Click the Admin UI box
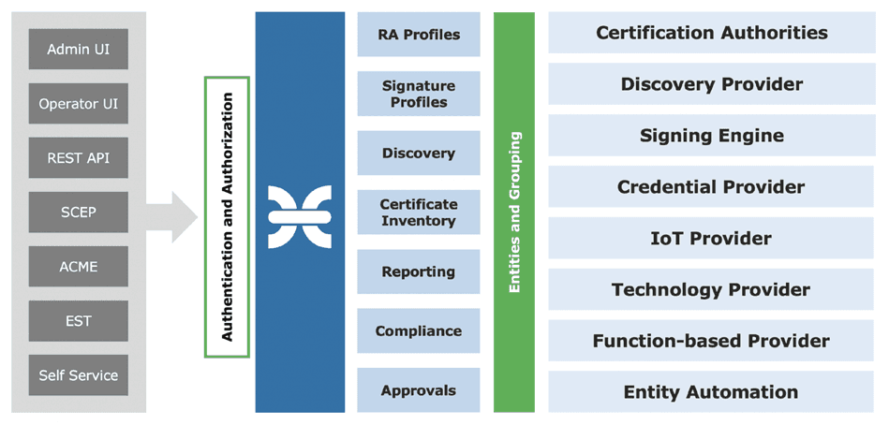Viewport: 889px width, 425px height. (x=79, y=50)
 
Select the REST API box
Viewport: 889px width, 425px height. (x=79, y=158)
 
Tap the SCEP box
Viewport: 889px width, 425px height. (x=79, y=212)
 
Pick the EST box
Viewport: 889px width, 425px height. (x=79, y=321)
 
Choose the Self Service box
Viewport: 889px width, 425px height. (x=79, y=375)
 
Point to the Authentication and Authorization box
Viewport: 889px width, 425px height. (x=227, y=216)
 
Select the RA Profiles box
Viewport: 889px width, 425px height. (x=419, y=35)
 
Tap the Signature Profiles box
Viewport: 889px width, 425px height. (x=419, y=94)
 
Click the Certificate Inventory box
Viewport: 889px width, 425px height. (x=419, y=212)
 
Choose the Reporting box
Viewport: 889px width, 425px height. (x=419, y=272)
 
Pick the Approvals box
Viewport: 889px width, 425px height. (x=419, y=390)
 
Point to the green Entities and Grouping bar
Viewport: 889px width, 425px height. (x=514, y=212)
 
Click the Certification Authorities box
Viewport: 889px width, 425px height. (x=711, y=33)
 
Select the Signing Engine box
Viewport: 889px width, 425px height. (x=711, y=136)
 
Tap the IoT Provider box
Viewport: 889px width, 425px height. (x=711, y=238)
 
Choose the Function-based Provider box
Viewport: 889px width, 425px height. (x=711, y=341)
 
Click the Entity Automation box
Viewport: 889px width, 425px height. (x=711, y=392)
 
